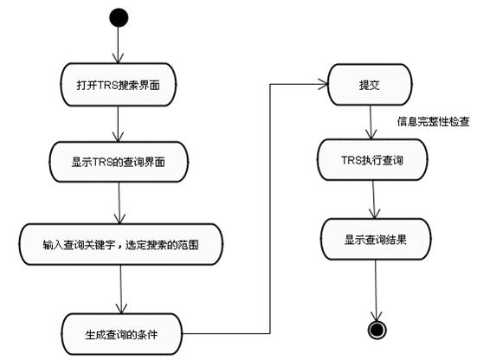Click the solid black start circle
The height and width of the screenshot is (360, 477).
119,17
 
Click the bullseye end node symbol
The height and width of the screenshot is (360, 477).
377,330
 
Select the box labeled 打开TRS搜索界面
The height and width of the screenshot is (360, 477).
118,85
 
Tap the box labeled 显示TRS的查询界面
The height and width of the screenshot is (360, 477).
119,162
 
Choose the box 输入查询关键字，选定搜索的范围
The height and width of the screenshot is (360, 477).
121,244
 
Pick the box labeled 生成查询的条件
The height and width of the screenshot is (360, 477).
122,334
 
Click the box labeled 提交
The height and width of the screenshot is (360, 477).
370,85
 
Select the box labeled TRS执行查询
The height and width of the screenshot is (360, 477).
372,160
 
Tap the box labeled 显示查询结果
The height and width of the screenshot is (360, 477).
376,240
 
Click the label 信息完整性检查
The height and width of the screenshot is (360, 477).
433,122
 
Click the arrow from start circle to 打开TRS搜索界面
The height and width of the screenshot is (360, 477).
119,45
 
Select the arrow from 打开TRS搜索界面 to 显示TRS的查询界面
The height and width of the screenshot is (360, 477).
118,124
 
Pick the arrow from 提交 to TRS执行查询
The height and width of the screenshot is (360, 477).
371,123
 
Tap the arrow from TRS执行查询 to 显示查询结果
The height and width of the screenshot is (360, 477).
374,199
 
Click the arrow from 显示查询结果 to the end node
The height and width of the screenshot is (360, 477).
377,291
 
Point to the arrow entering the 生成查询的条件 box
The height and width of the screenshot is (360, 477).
121,289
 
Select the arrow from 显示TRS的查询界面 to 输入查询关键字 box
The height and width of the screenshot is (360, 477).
119,203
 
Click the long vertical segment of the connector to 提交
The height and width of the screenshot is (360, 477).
270,209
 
